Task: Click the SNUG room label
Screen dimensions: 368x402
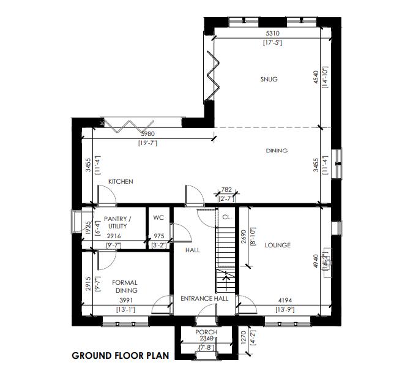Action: (269, 80)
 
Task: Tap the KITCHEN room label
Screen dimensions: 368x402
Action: (121, 182)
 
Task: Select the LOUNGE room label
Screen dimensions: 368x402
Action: (277, 246)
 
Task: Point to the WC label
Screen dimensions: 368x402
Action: (158, 218)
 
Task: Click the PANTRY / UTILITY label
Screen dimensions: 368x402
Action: (114, 223)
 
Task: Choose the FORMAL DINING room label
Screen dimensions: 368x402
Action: (125, 287)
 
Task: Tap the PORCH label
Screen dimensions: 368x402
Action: (206, 332)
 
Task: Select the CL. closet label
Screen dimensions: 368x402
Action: (226, 217)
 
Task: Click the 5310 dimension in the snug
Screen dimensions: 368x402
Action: (272, 34)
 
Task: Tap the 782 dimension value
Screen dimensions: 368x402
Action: (226, 190)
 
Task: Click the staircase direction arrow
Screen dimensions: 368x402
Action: (226, 278)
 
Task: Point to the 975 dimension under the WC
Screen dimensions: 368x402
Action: (158, 236)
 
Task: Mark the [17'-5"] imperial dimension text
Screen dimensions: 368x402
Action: (272, 43)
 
